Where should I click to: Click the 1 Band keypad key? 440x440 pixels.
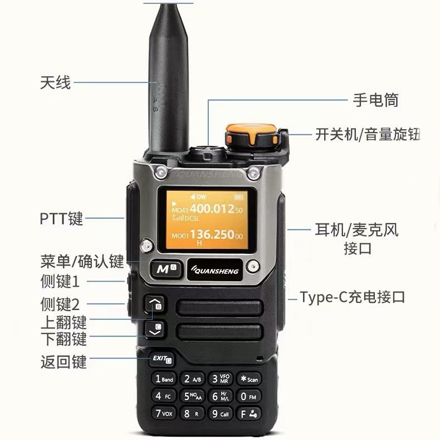coord(165,379)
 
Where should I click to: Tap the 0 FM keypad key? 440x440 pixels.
coord(248,396)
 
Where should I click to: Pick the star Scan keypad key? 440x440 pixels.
coord(248,379)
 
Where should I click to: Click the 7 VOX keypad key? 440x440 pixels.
coord(165,414)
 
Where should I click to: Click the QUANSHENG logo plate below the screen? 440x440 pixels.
coord(214,271)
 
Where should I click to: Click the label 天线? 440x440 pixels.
coord(56,83)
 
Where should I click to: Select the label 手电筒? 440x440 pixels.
coord(376,100)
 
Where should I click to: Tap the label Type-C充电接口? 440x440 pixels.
coord(352,297)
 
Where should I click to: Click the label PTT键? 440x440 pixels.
coord(61,218)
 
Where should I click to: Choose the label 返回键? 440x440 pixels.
coord(63,361)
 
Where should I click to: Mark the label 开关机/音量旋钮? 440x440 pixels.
coord(367,134)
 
